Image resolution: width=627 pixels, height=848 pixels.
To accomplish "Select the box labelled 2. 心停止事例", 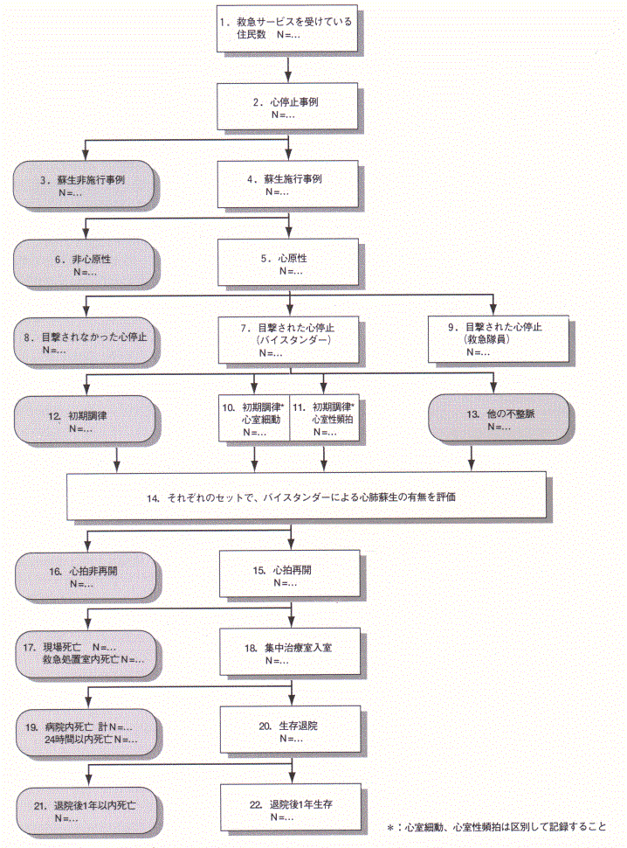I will pos(288,108).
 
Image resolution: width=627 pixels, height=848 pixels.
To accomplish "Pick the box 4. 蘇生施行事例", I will pos(288,184).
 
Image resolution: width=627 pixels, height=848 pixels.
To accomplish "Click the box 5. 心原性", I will pos(288,264).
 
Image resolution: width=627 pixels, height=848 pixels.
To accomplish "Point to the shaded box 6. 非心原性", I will pos(84,264).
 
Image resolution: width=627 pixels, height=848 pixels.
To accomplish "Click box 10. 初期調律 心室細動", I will pos(253,419).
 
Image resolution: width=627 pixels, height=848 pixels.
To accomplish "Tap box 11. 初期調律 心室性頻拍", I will pos(325,419).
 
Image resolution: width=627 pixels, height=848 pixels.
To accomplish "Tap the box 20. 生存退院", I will pos(288,731).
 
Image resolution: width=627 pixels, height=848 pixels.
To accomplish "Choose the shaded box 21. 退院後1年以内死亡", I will pos(84,808).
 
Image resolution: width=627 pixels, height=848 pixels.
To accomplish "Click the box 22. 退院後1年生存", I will pos(288,808).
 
